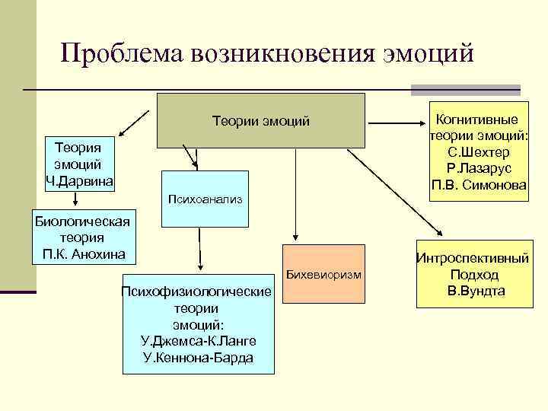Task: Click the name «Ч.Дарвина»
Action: point(80,180)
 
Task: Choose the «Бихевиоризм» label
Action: point(324,273)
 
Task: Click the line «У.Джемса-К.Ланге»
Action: point(198,340)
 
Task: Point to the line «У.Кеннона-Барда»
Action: point(198,357)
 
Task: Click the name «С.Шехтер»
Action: point(478,152)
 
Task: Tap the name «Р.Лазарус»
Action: point(478,168)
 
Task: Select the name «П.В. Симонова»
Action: point(478,185)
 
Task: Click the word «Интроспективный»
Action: point(472,259)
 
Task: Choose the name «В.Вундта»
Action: point(472,292)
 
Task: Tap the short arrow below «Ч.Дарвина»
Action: point(75,199)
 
